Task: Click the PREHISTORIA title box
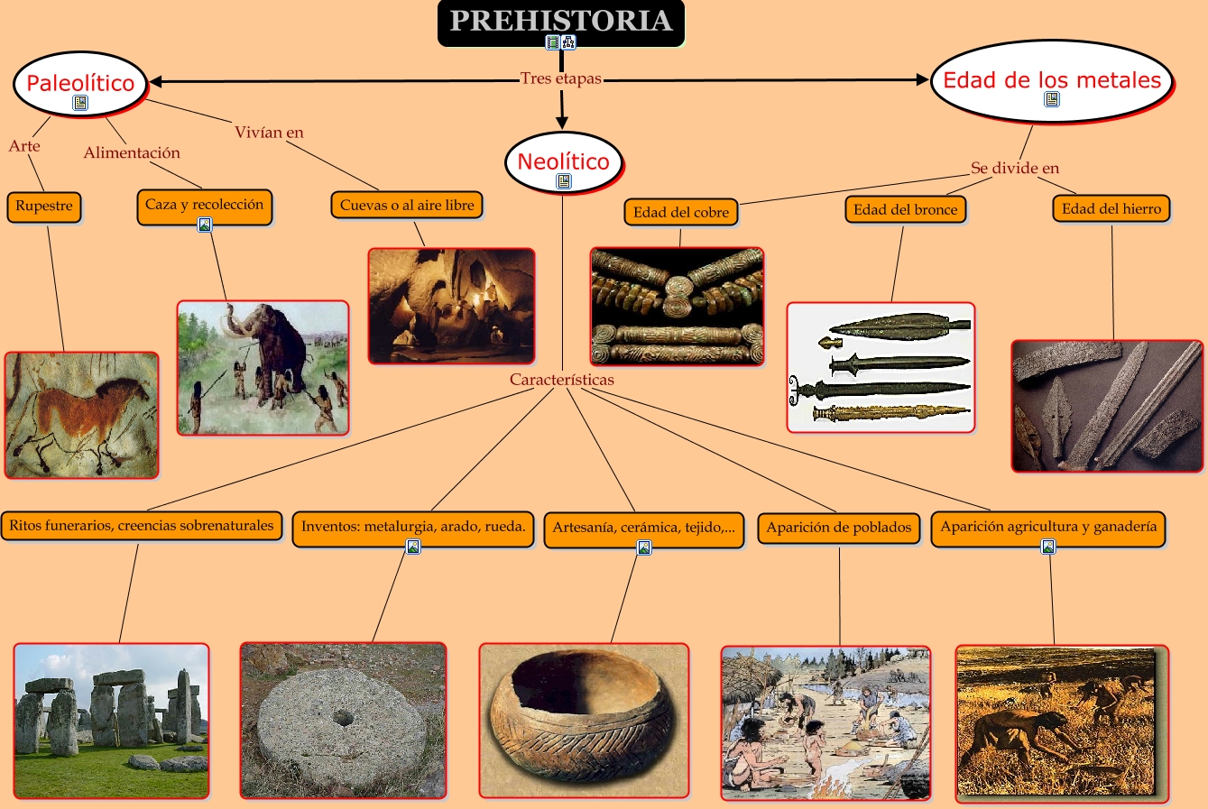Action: coord(560,21)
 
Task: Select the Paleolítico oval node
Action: coord(80,83)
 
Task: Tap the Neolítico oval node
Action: coord(563,161)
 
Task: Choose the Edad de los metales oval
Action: coord(1052,80)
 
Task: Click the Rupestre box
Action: coord(44,206)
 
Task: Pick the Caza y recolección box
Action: coord(204,205)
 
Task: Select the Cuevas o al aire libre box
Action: coord(407,206)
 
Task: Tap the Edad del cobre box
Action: coord(680,212)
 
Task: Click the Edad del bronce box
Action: coord(905,209)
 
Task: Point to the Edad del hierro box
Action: coord(1111,208)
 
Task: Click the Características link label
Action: coord(561,380)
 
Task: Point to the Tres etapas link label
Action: coord(560,78)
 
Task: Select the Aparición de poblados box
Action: coord(839,528)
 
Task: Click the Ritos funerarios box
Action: coord(142,525)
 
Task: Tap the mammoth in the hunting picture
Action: coord(280,343)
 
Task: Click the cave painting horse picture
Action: coord(81,415)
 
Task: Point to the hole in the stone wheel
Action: coord(343,718)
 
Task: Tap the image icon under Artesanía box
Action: coord(644,547)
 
